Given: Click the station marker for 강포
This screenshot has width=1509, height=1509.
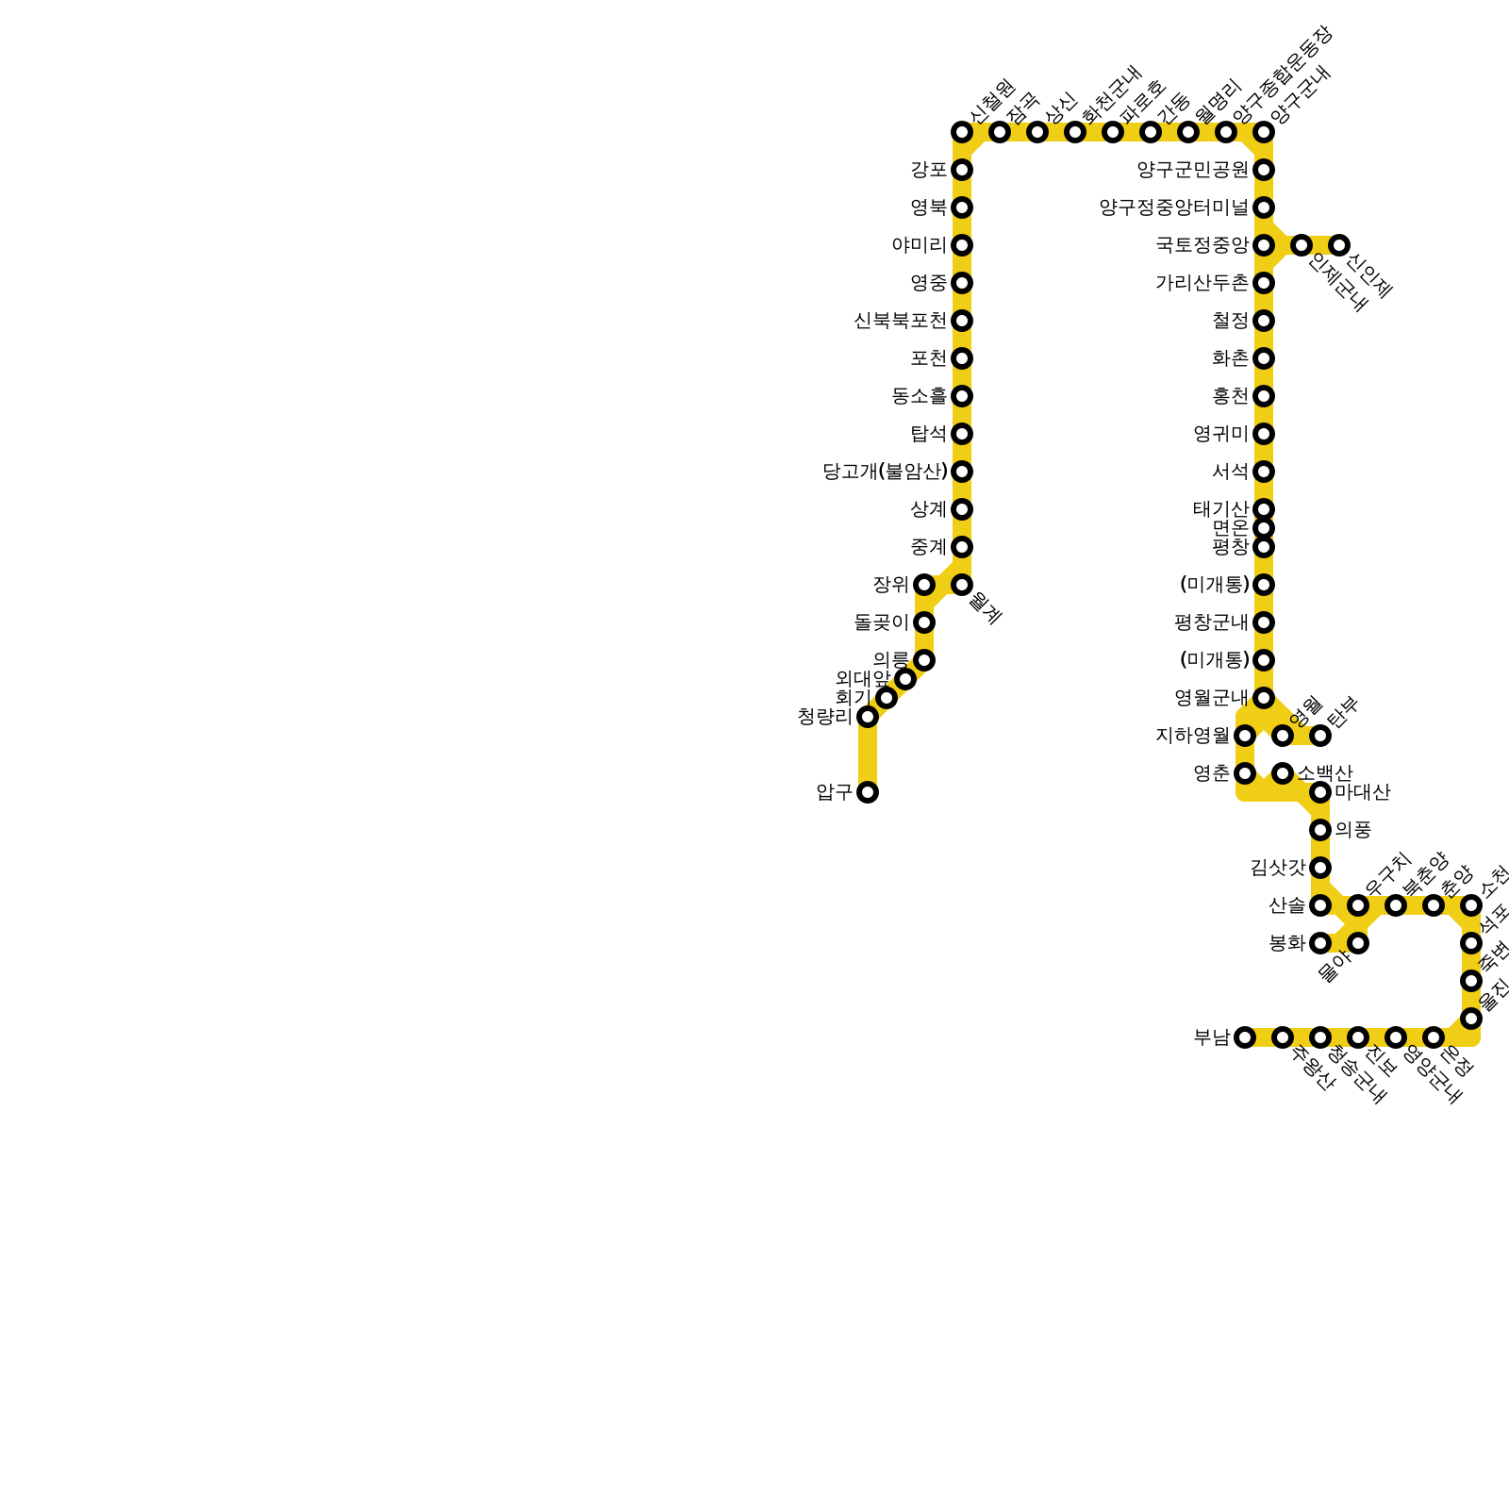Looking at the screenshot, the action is (x=962, y=170).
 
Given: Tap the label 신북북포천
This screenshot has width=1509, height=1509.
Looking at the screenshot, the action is (x=900, y=321).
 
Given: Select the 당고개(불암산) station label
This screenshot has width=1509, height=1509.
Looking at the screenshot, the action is (x=885, y=472).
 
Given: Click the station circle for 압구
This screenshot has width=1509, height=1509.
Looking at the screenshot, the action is (x=868, y=792).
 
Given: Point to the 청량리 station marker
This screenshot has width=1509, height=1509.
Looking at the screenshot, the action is (x=868, y=717).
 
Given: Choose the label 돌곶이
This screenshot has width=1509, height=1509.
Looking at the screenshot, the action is (x=881, y=622).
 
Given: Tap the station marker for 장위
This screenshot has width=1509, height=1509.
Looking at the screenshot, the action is (x=924, y=585).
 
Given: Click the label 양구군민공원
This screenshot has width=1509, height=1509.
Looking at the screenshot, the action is (x=1192, y=170).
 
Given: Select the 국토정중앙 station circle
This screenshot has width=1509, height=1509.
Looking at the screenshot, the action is (x=1264, y=245).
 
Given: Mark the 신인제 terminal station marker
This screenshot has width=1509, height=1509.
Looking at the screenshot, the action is (x=1339, y=245).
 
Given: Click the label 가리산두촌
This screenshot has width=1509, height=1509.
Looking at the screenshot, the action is (x=1202, y=283).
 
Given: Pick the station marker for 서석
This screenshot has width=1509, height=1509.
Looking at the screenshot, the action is (x=1264, y=472).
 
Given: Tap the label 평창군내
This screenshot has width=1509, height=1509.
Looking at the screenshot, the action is (x=1211, y=622).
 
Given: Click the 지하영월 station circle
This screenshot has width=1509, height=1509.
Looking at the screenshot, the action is (x=1245, y=736).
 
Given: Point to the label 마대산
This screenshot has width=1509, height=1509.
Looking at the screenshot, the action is (x=1362, y=792).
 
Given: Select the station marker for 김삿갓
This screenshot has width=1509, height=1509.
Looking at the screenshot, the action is (x=1320, y=868).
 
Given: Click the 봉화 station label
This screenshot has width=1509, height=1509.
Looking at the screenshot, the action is (x=1286, y=943).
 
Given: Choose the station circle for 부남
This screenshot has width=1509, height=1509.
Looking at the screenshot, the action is (x=1245, y=1037).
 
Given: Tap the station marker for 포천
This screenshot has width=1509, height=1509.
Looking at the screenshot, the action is (x=962, y=358).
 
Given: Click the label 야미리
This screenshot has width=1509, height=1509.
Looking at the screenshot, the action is (x=919, y=245).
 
